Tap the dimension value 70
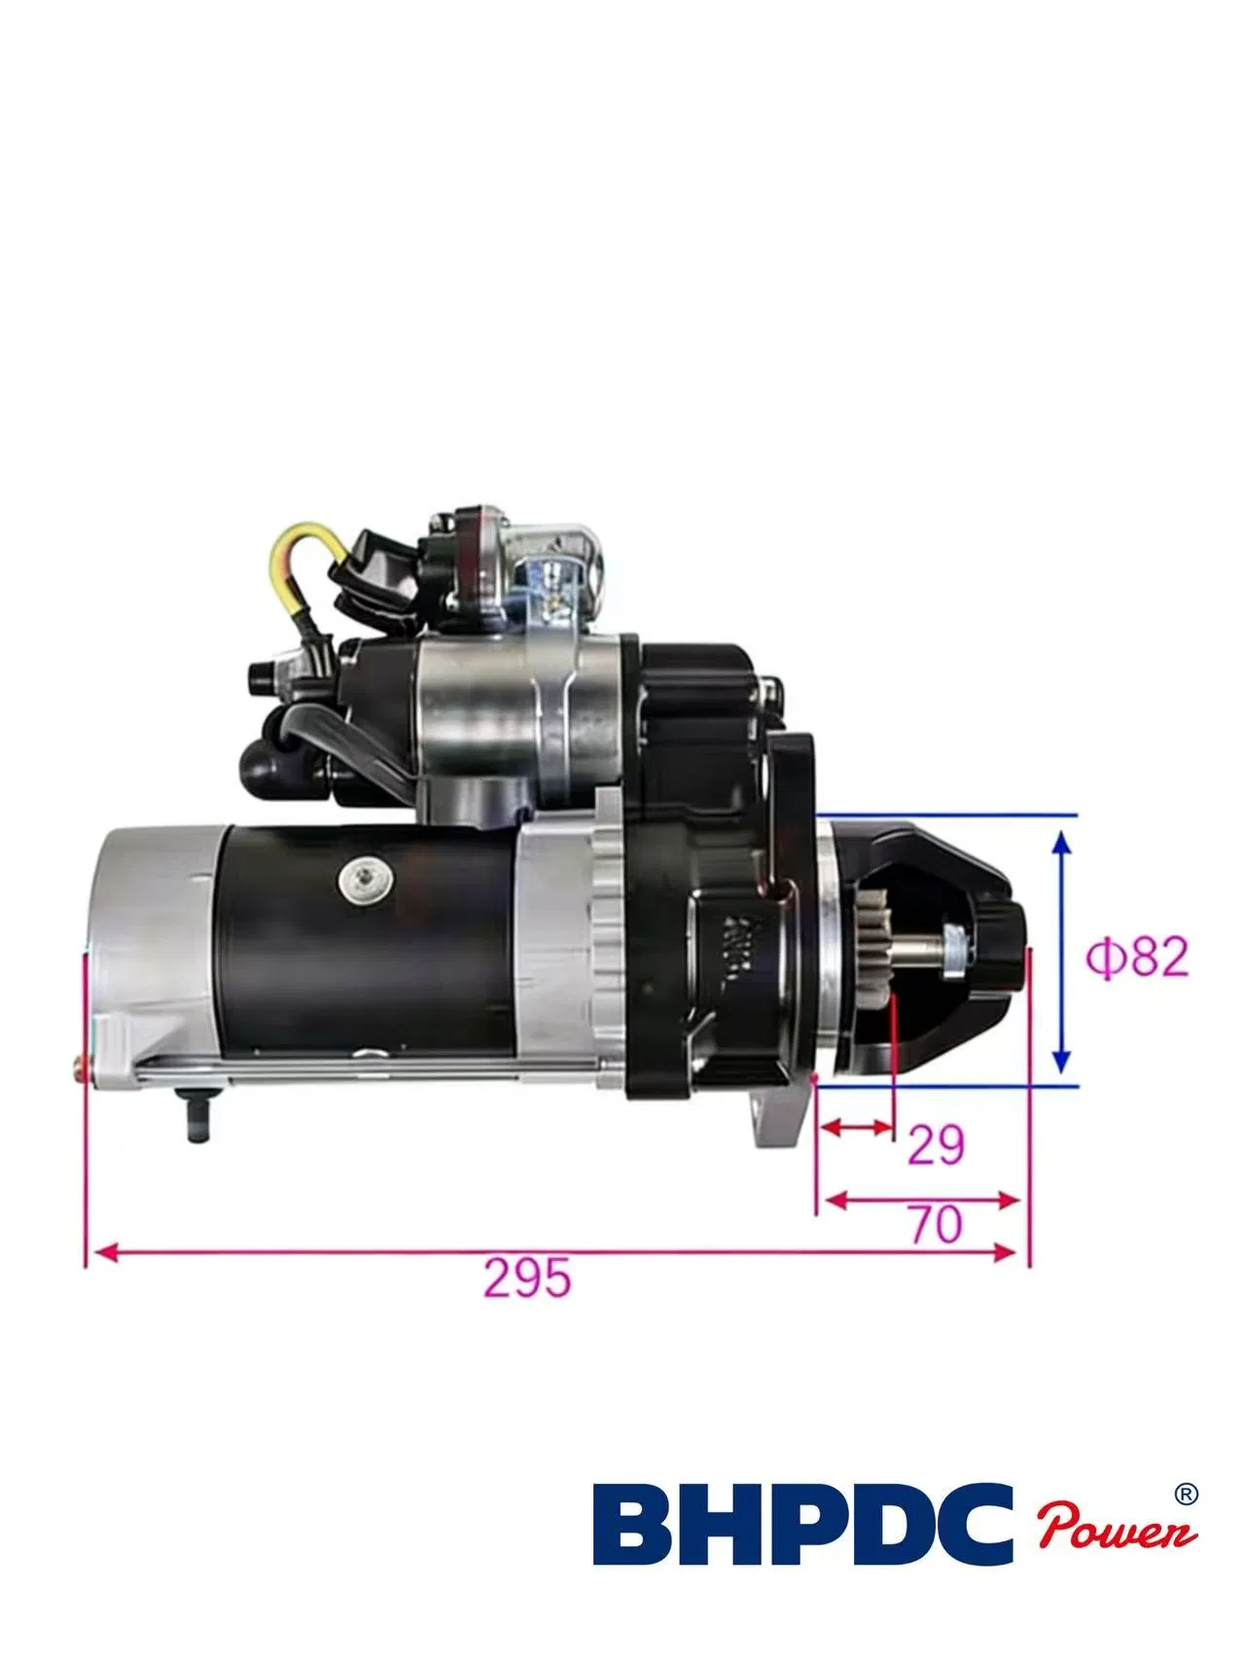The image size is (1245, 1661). pos(936,1223)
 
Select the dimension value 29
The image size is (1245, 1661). pos(936,1144)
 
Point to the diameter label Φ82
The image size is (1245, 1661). pos(1137,957)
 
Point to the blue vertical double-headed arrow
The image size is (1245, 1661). pos(1062,950)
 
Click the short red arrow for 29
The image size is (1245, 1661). pos(857,1128)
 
